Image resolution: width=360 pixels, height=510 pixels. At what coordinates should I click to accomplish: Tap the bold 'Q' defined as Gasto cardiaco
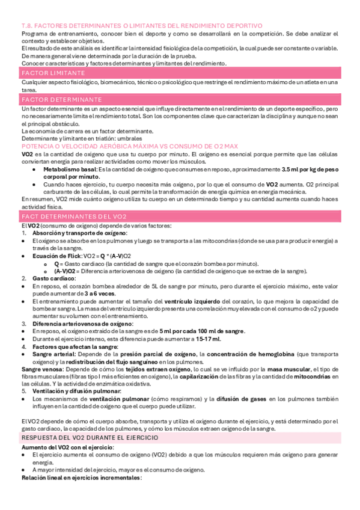coord(56,263)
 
